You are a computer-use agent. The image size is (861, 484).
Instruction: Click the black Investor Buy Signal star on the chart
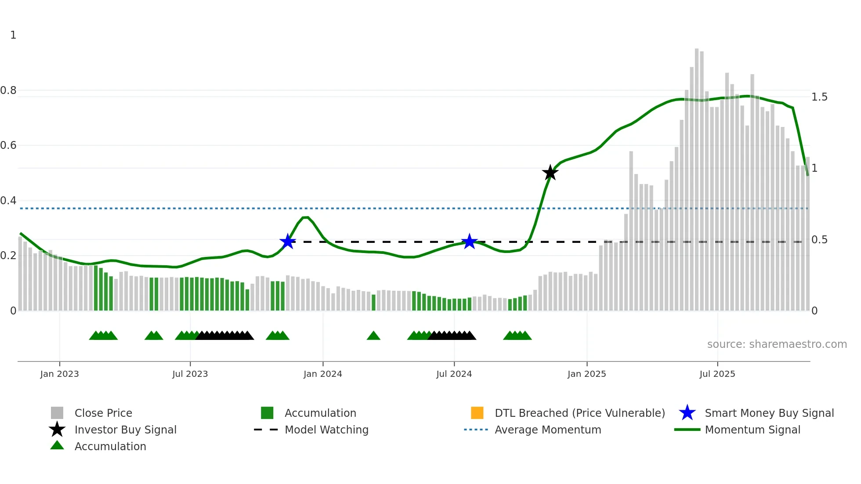[550, 173]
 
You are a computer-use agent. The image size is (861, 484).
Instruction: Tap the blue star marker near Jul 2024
[469, 241]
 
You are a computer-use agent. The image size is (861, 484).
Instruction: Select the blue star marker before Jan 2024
[288, 241]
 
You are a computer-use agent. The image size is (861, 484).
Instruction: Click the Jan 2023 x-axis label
[59, 374]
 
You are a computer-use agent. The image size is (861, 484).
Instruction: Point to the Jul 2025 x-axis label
[717, 374]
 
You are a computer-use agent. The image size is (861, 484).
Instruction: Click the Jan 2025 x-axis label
[586, 374]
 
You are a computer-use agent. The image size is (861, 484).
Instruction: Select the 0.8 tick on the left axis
[8, 90]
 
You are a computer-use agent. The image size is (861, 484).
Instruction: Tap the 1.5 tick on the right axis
[819, 97]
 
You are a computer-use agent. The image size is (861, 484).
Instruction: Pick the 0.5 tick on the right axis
[819, 240]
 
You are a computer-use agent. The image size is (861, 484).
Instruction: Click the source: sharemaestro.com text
[777, 344]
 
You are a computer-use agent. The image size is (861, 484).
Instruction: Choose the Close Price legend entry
[103, 413]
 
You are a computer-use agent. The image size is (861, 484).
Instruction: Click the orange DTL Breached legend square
[477, 413]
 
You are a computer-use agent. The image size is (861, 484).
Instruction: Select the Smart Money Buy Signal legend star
[687, 413]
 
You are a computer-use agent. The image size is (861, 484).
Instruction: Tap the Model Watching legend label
[326, 430]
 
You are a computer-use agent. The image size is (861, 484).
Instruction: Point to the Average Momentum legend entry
[547, 430]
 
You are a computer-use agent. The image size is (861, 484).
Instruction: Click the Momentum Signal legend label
[752, 430]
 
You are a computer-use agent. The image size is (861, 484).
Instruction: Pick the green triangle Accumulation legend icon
[57, 445]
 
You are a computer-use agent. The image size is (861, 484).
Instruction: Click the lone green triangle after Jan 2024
[373, 336]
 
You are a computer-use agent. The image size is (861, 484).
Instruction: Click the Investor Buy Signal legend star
[57, 430]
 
